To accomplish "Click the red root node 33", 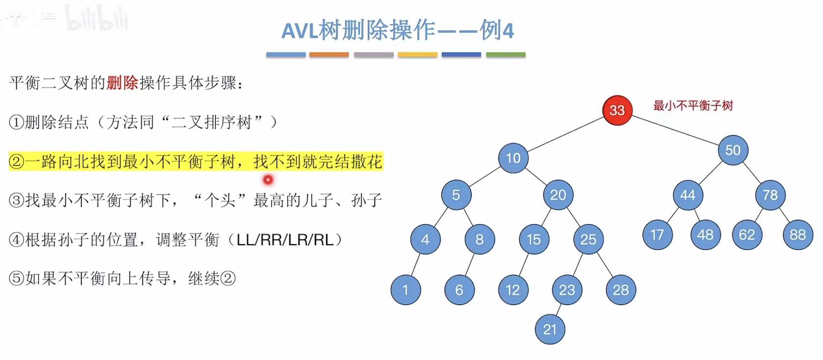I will tap(617, 110).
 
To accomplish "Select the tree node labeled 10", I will tap(513, 158).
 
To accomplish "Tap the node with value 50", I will tap(733, 150).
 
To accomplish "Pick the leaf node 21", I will tap(550, 329).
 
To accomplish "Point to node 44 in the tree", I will tap(688, 195).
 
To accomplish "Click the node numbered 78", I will tap(770, 195).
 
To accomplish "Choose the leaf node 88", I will tap(797, 235).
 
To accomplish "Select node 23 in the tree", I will tap(567, 290).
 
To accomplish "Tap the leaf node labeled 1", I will tap(406, 290).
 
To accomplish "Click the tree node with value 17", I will tap(657, 235).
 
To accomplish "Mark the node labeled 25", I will tap(588, 239).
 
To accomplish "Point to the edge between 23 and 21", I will tap(558, 310).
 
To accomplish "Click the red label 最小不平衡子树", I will tap(693, 105).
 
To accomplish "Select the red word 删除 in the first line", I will tap(122, 83).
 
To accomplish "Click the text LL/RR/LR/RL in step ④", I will tap(284, 240).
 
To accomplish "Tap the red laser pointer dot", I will tap(268, 180).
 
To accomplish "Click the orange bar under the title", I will tap(329, 55).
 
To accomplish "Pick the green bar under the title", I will tap(505, 55).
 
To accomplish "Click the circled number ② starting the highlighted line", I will tap(16, 161).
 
